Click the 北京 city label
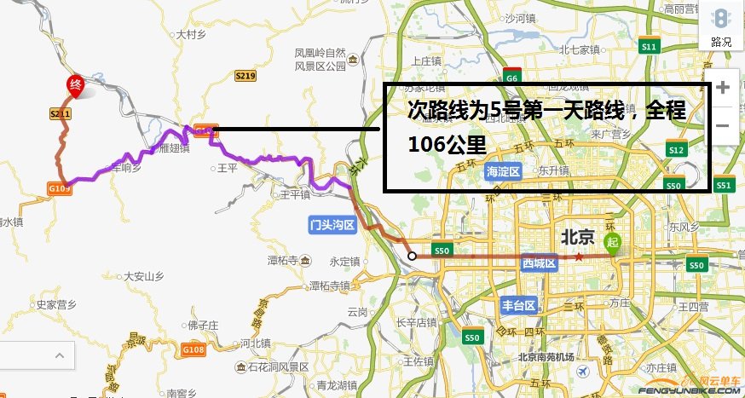point(581,236)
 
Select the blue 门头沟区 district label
point(332,224)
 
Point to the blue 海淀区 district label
point(503,171)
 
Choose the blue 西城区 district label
point(539,264)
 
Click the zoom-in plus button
point(723,87)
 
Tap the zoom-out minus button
point(723,125)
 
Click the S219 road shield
point(245,77)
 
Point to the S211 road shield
point(59,112)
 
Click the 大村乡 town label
point(190,35)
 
